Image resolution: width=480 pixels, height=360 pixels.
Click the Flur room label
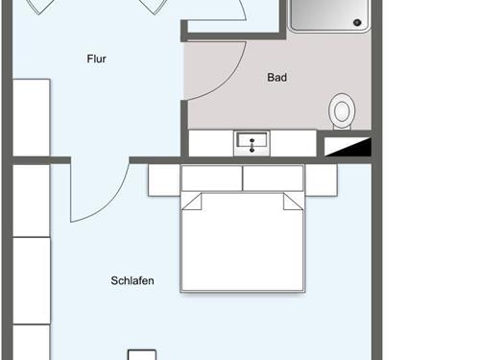(96, 60)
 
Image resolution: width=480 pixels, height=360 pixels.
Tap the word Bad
(277, 78)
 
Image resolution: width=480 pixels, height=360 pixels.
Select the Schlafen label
(132, 281)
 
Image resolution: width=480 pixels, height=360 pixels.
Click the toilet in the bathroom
(341, 111)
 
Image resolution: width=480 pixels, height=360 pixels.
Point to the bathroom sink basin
(252, 144)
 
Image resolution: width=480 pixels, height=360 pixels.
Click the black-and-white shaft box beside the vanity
(345, 145)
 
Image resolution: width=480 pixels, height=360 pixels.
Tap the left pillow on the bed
(211, 178)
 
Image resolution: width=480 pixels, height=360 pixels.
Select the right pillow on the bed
(274, 178)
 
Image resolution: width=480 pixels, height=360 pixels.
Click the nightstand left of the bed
(163, 180)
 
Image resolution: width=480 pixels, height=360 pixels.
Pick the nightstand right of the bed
(321, 180)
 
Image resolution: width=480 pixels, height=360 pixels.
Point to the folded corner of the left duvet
(191, 202)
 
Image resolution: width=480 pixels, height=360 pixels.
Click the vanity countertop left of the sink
(211, 144)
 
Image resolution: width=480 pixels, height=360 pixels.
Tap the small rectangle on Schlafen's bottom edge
(141, 354)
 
